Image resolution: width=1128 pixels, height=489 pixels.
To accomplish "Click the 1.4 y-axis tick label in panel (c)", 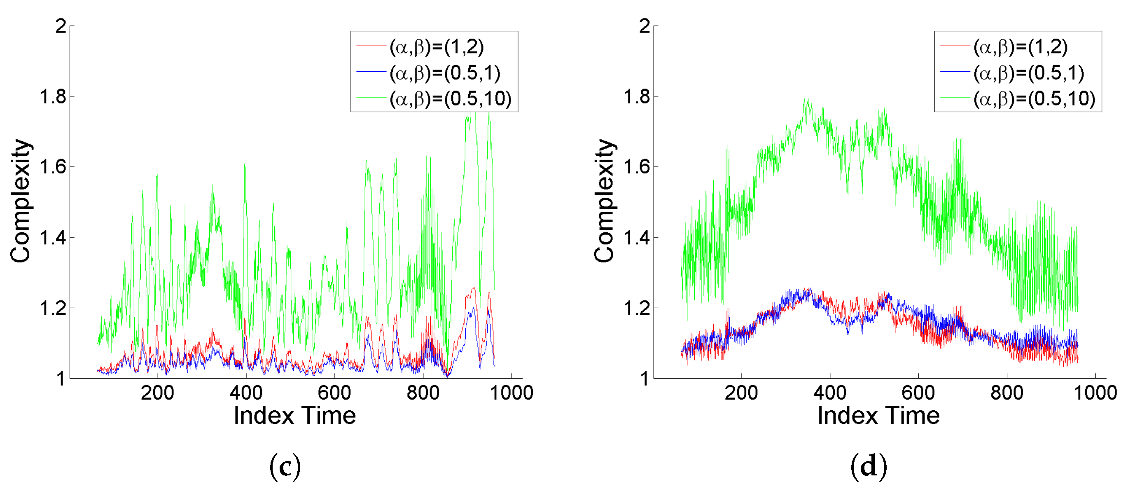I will [x=53, y=238].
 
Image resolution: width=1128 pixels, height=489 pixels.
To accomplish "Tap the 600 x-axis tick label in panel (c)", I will [x=334, y=393].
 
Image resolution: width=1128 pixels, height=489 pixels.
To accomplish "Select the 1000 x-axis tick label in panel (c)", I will [x=511, y=393].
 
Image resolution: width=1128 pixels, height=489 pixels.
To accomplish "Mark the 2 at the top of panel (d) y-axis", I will [x=645, y=27].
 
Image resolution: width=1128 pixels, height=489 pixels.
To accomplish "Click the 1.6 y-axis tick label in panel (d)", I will [x=637, y=167].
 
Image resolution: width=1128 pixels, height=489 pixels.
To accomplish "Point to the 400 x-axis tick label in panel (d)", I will [x=830, y=393].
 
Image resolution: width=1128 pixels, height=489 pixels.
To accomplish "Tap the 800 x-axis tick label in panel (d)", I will [x=1007, y=393].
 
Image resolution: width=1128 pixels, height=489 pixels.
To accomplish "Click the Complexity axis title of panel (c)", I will [x=21, y=201].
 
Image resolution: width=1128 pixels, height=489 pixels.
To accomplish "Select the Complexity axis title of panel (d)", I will [x=605, y=201].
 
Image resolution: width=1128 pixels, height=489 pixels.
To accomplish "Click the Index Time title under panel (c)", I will [x=295, y=415].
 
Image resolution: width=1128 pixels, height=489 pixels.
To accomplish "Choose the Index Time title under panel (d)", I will [x=878, y=415].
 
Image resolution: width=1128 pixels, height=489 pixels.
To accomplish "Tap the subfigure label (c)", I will [x=285, y=466].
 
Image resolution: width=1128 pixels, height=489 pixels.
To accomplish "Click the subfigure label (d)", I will [x=869, y=466].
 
